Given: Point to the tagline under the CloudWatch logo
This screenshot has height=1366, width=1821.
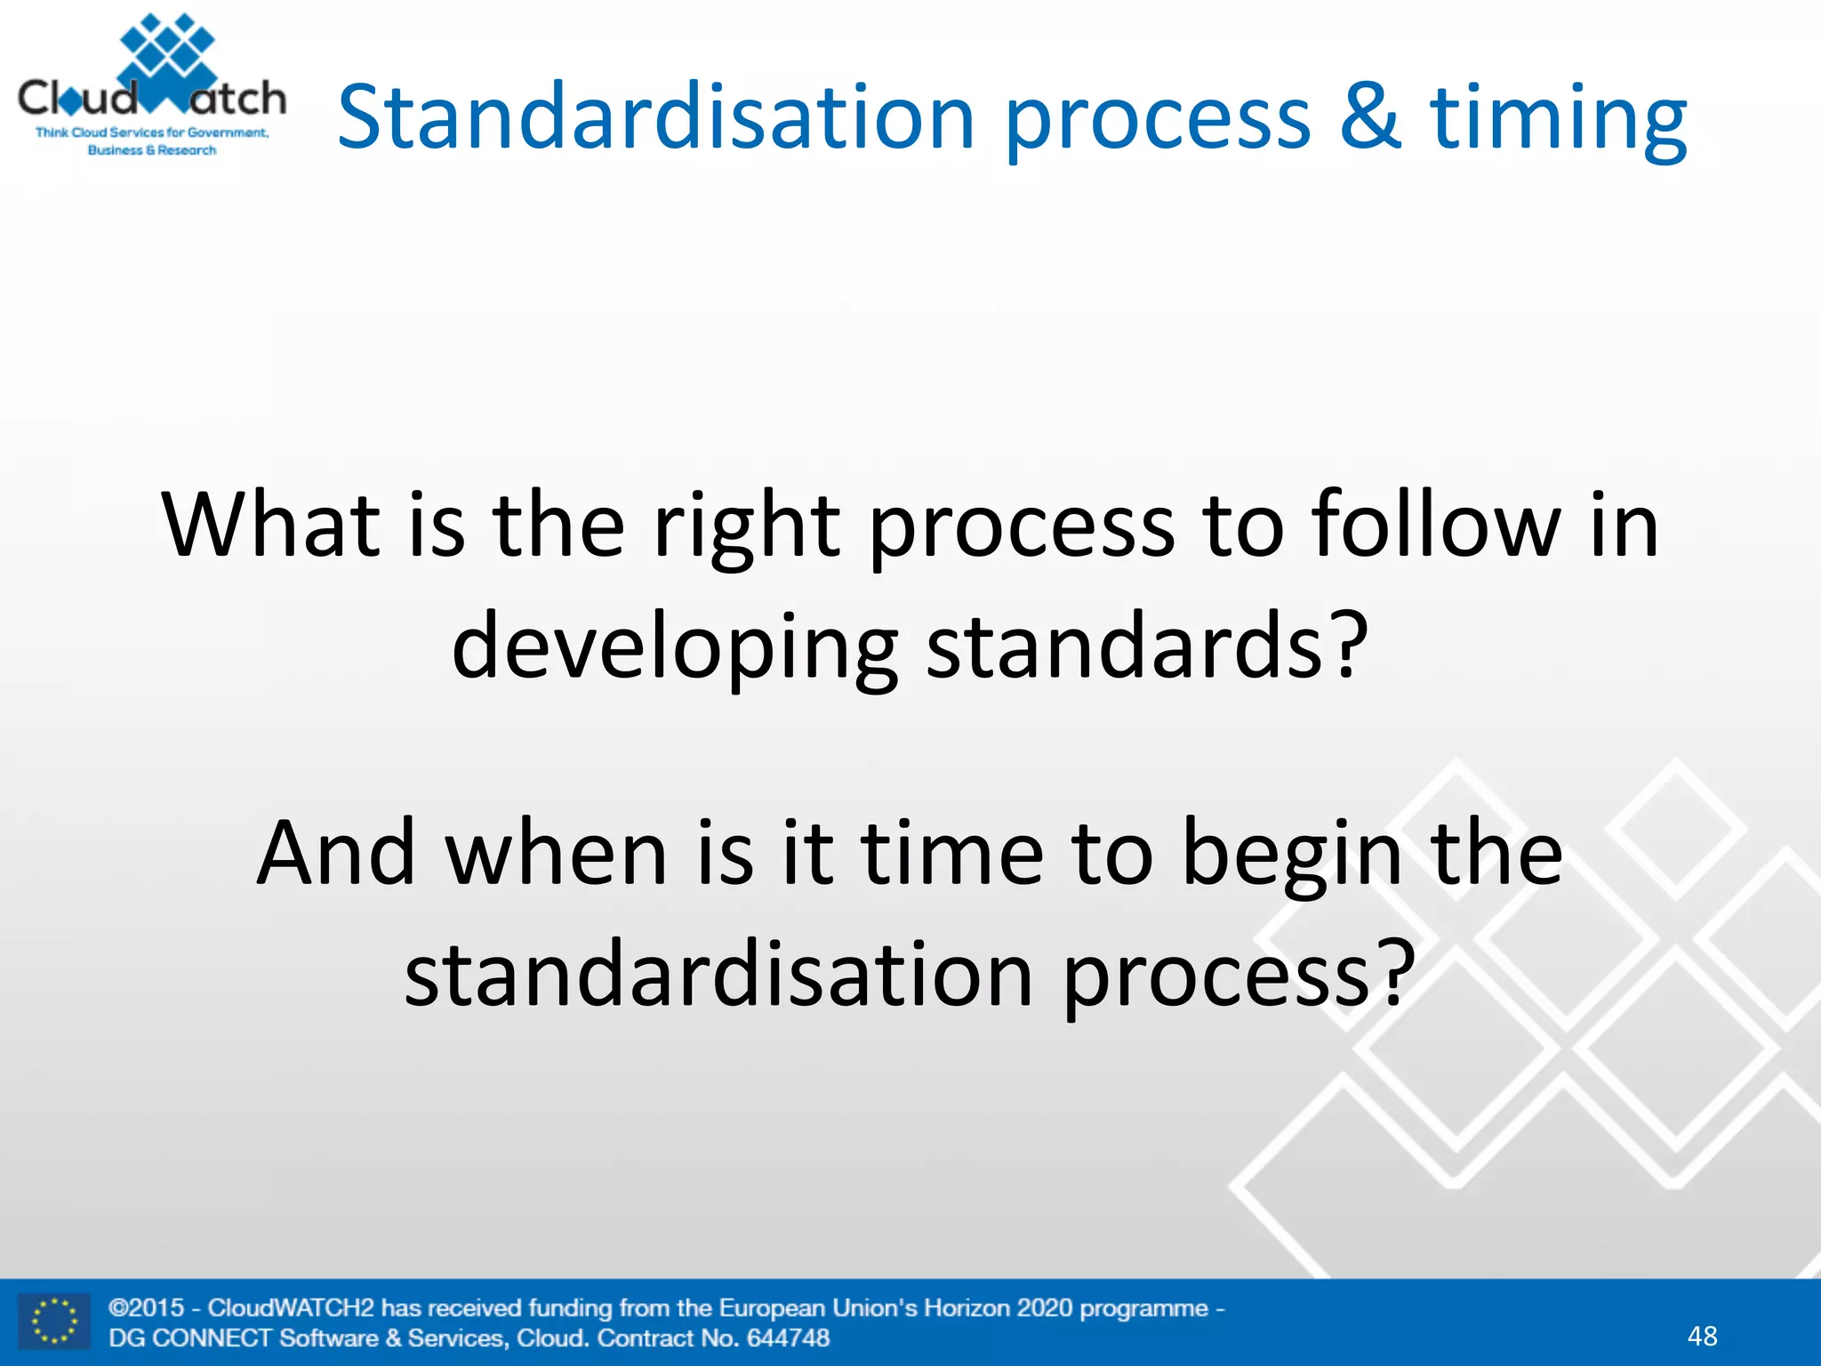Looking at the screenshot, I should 152,141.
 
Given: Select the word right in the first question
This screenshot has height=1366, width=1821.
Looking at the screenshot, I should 746,526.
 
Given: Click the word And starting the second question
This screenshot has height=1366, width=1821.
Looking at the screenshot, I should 336,854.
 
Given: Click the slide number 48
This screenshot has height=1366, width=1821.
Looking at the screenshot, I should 1702,1336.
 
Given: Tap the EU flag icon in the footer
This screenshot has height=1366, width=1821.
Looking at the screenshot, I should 54,1322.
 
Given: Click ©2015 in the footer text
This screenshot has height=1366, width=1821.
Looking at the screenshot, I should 146,1308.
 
